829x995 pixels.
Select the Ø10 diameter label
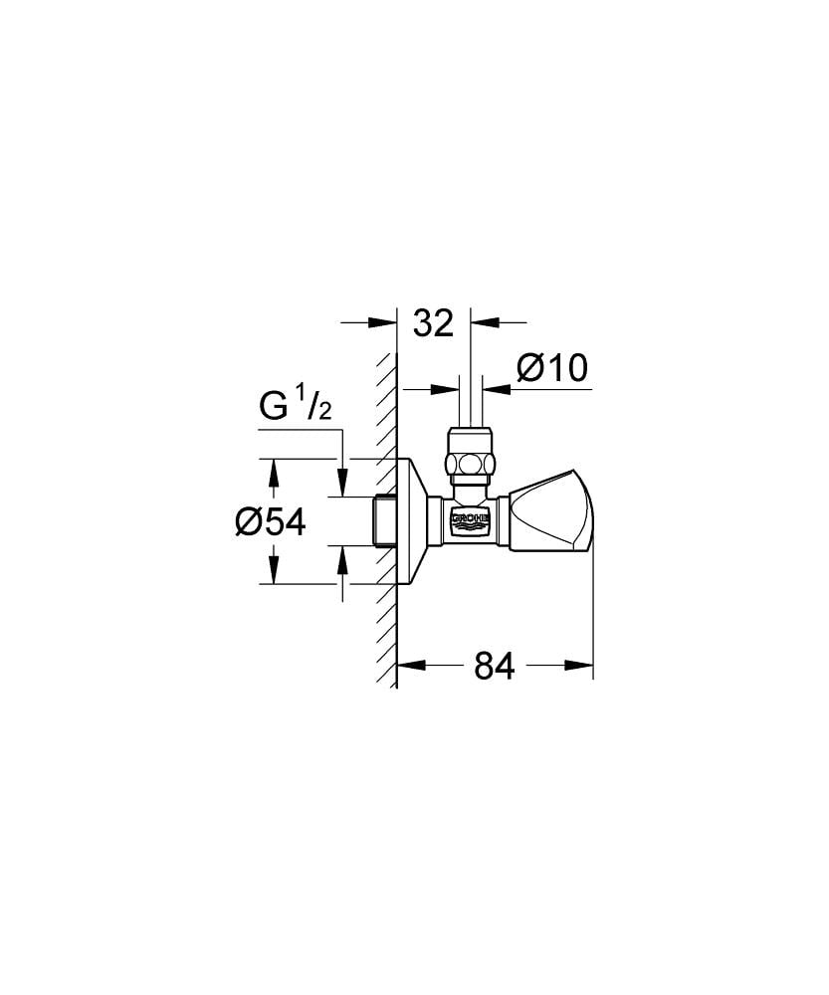552,368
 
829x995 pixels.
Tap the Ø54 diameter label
270,521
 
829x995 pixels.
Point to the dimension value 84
494,666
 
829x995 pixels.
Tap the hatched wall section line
387,597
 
